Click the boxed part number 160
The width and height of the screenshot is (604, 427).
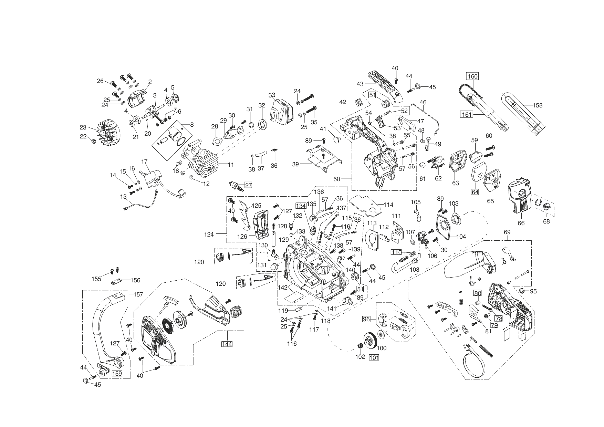tap(472, 76)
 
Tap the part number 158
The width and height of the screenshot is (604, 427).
tap(537, 105)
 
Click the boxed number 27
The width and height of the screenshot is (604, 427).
tap(248, 185)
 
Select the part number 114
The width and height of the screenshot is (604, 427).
tap(388, 205)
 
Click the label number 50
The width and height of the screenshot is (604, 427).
tap(337, 179)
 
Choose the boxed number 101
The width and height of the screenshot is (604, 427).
tap(374, 357)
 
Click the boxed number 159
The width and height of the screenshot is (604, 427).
tap(116, 373)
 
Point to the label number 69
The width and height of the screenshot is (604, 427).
tap(507, 232)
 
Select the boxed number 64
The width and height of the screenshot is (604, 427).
tap(475, 192)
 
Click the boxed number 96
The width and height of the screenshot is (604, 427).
tap(366, 319)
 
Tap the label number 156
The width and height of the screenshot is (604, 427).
tap(135, 280)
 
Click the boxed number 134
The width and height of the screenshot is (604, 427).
tap(300, 206)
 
